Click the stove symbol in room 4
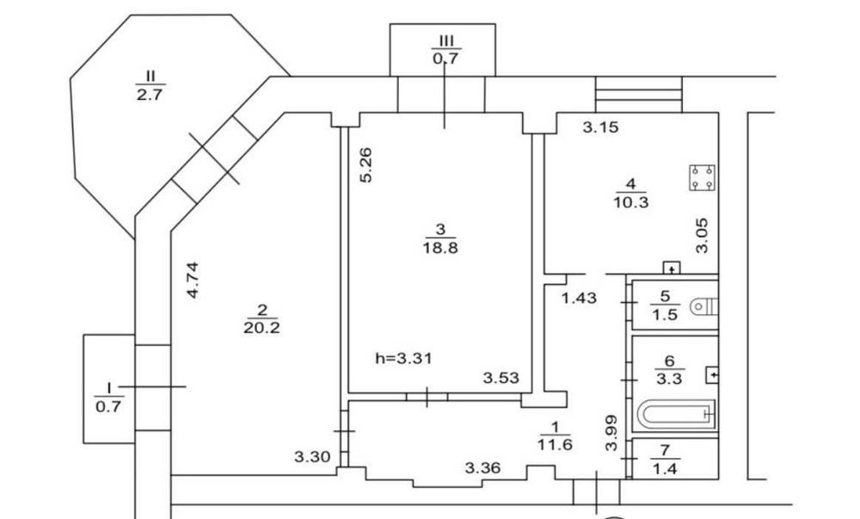702,177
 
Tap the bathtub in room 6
677,413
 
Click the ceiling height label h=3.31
403,359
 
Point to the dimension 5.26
365,164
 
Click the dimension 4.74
193,280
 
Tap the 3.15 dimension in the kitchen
600,128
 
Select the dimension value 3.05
702,235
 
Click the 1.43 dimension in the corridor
579,298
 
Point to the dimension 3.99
611,433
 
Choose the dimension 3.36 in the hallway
482,468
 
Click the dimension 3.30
312,456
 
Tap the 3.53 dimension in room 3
501,378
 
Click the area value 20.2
261,328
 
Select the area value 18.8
439,248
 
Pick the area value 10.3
630,202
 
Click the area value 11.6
555,444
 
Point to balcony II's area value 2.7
149,95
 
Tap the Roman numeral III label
445,40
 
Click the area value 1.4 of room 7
665,469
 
